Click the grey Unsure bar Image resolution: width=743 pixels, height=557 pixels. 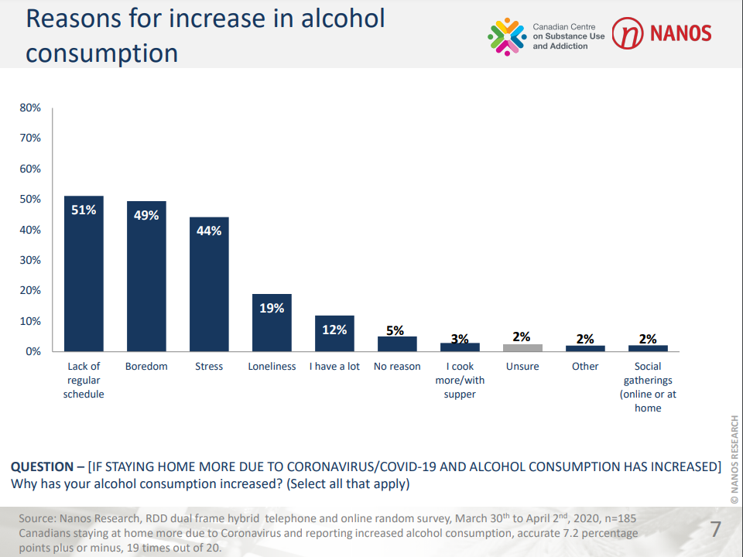click(522, 348)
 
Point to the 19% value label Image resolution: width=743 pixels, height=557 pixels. click(272, 308)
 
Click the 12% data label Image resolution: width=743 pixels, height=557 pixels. click(334, 329)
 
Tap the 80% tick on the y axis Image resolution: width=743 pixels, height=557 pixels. click(30, 108)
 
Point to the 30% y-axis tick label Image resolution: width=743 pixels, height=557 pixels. click(30, 260)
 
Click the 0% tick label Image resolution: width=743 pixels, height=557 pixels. click(33, 351)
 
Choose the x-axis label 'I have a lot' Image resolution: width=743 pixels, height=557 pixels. click(334, 367)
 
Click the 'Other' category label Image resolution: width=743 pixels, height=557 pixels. click(585, 367)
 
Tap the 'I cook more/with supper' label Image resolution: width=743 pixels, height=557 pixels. click(460, 380)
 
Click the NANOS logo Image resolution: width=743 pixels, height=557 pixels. click(662, 34)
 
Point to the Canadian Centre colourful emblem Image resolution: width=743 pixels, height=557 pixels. click(507, 36)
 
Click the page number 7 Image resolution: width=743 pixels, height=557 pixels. click(715, 530)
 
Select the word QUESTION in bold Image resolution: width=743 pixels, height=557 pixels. click(42, 467)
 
